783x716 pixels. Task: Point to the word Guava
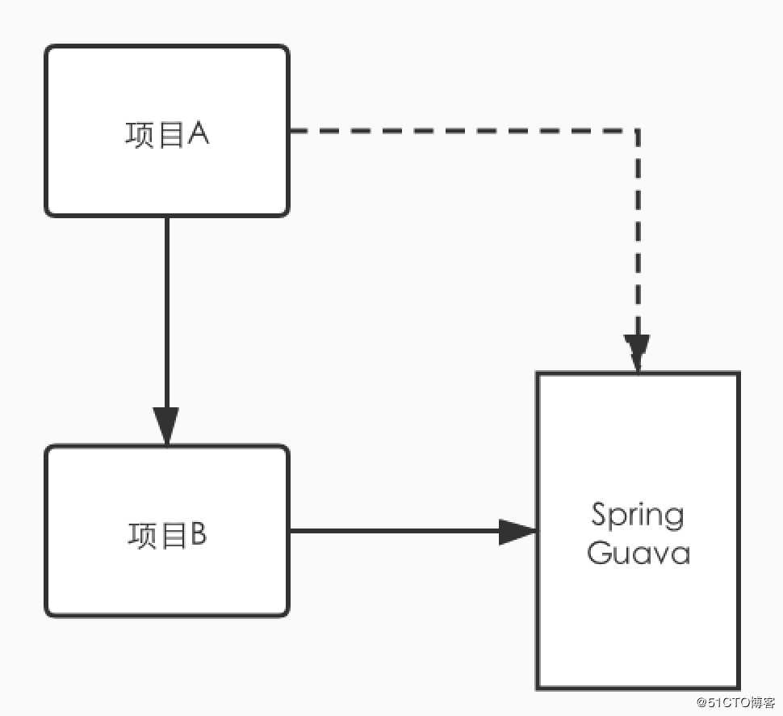point(638,554)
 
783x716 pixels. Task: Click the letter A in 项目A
point(199,133)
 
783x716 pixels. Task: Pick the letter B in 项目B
point(198,535)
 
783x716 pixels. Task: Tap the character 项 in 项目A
point(140,134)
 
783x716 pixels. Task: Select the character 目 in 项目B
point(170,536)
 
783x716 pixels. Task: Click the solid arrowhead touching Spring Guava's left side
point(517,532)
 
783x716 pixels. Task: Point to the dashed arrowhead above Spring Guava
point(638,354)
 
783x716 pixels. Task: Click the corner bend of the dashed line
point(638,130)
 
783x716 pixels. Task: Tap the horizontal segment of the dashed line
point(460,130)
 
